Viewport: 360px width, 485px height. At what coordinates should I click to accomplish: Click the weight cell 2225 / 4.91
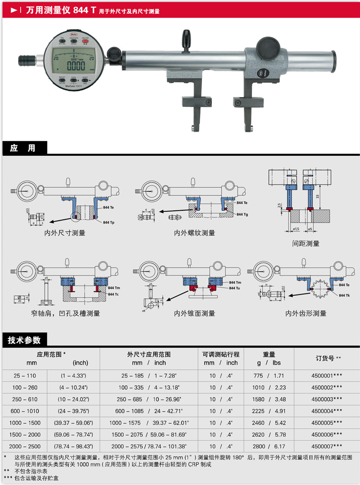tap(268, 411)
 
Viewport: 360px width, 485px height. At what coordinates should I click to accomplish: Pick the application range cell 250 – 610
tap(24, 399)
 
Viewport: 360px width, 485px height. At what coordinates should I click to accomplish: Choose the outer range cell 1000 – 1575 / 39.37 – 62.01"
tap(148, 423)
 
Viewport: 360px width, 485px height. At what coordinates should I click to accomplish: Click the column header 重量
tap(269, 354)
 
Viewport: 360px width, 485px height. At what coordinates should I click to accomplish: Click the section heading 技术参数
tap(24, 340)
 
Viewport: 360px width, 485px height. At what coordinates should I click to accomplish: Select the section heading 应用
tap(22, 148)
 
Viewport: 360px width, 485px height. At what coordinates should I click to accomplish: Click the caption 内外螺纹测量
tap(194, 233)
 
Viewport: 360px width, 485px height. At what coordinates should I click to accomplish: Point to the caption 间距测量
tap(306, 243)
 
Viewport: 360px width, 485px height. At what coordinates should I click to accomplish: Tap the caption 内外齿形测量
tap(306, 313)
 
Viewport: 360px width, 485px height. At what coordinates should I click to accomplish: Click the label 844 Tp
tap(108, 223)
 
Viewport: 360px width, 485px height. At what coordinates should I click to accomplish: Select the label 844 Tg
tap(242, 214)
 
